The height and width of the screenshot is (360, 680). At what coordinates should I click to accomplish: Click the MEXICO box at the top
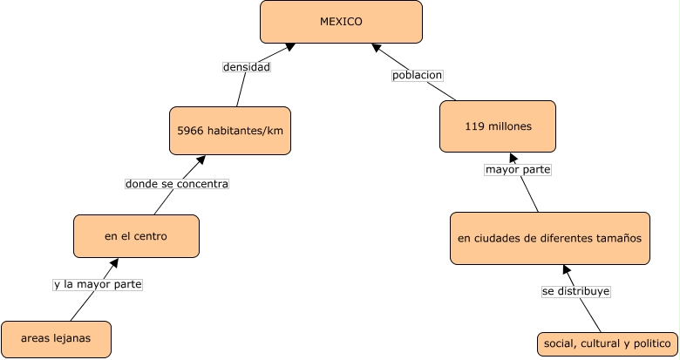[341, 22]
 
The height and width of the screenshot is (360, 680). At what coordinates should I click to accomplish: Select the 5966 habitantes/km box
[230, 131]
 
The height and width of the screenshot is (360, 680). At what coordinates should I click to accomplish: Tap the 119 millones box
[498, 126]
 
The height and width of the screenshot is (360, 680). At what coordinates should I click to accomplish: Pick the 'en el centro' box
[136, 236]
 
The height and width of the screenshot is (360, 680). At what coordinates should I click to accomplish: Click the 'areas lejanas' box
[57, 339]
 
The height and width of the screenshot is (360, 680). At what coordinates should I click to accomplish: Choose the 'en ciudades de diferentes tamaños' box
[549, 237]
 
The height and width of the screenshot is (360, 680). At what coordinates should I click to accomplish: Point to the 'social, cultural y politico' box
[607, 343]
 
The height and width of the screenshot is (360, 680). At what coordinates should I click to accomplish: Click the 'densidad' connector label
[247, 66]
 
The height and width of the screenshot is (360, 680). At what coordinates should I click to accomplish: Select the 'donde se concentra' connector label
[177, 184]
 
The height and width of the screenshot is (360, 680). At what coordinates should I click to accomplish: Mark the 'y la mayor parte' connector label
[97, 284]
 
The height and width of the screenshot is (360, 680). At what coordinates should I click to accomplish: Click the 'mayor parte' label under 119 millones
[518, 169]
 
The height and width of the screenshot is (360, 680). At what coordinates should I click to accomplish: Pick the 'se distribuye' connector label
[575, 291]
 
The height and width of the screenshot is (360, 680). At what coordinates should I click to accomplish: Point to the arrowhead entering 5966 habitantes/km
[200, 160]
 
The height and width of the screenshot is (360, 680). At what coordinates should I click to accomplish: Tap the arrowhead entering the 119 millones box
[513, 159]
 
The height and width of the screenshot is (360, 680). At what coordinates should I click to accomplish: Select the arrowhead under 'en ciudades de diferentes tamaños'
[566, 269]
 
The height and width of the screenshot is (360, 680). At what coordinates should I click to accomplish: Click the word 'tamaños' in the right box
[615, 237]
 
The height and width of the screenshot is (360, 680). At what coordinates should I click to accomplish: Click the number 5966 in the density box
[191, 131]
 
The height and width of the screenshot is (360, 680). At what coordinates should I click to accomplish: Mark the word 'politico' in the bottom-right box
[649, 343]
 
